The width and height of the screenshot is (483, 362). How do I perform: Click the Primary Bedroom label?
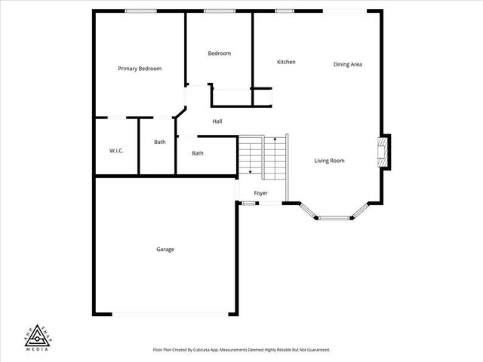pos(140,69)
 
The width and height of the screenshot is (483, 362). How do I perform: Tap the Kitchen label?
pos(286,62)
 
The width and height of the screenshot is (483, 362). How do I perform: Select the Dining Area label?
pos(348,64)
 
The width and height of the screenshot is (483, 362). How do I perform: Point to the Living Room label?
pos(330,161)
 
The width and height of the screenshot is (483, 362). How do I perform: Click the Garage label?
pos(165,250)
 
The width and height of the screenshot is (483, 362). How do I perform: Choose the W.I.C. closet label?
pos(116,151)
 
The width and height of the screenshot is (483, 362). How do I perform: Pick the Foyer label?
pos(260,194)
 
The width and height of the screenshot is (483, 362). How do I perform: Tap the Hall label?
pos(217,121)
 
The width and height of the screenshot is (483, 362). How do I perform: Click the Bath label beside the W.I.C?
pos(160,142)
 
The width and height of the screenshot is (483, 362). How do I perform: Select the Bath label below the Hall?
pos(198,153)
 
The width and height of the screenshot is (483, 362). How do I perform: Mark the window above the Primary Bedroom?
pos(140,11)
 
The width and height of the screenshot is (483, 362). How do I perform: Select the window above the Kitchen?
pos(285,11)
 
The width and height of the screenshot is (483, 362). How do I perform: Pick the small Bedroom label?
pos(220,54)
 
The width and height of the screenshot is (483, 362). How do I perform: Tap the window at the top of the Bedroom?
pos(219,11)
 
